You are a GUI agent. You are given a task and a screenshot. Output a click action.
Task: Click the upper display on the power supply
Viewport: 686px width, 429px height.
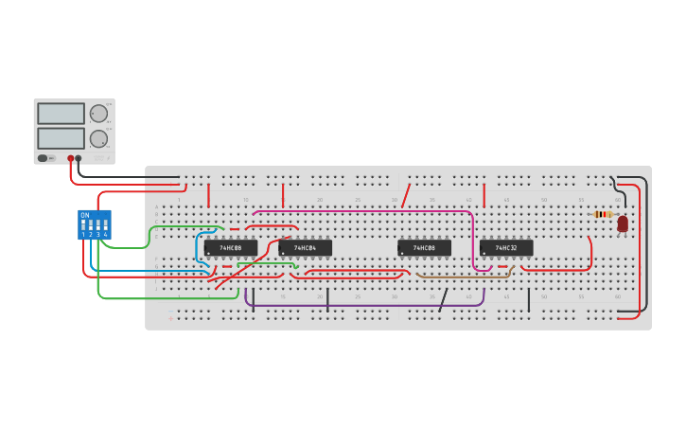pos(62,114)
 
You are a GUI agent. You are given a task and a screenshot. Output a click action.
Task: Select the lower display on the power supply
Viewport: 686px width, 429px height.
pos(62,138)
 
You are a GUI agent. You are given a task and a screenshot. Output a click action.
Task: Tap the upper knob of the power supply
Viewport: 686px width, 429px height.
pos(98,114)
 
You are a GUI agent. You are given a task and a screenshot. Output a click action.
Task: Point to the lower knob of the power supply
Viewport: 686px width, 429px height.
pos(98,138)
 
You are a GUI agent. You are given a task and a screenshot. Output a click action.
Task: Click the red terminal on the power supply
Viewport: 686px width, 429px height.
pos(70,158)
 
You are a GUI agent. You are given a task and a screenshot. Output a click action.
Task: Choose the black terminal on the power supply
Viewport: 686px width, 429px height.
pos(79,158)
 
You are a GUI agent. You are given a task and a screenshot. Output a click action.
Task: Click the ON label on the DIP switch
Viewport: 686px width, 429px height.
pos(85,215)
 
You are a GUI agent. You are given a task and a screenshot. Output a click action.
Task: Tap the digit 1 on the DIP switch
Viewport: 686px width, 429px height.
pos(83,234)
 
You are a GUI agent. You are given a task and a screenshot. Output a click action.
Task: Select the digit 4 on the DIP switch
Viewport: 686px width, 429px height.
pos(105,234)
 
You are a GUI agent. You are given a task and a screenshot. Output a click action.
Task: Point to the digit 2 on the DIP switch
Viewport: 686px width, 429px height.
pos(91,234)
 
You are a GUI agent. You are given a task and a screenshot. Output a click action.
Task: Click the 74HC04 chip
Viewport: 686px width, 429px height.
pos(305,248)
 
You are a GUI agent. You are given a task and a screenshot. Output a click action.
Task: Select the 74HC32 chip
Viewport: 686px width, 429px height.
pos(506,248)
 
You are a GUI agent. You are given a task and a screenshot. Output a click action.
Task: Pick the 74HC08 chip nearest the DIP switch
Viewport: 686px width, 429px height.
pos(231,248)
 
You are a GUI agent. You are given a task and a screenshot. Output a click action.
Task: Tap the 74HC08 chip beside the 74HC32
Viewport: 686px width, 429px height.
pos(424,248)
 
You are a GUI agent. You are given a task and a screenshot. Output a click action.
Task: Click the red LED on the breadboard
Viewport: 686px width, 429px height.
pos(623,223)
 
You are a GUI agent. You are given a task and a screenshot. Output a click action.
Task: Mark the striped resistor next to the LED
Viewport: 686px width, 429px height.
pos(603,215)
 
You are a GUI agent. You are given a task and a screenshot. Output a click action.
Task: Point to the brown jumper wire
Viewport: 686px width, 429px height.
pos(464,276)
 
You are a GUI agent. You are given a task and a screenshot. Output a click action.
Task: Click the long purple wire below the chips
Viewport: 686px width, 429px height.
pos(364,305)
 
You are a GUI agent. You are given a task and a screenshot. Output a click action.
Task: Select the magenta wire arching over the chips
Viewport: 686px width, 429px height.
pos(378,211)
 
